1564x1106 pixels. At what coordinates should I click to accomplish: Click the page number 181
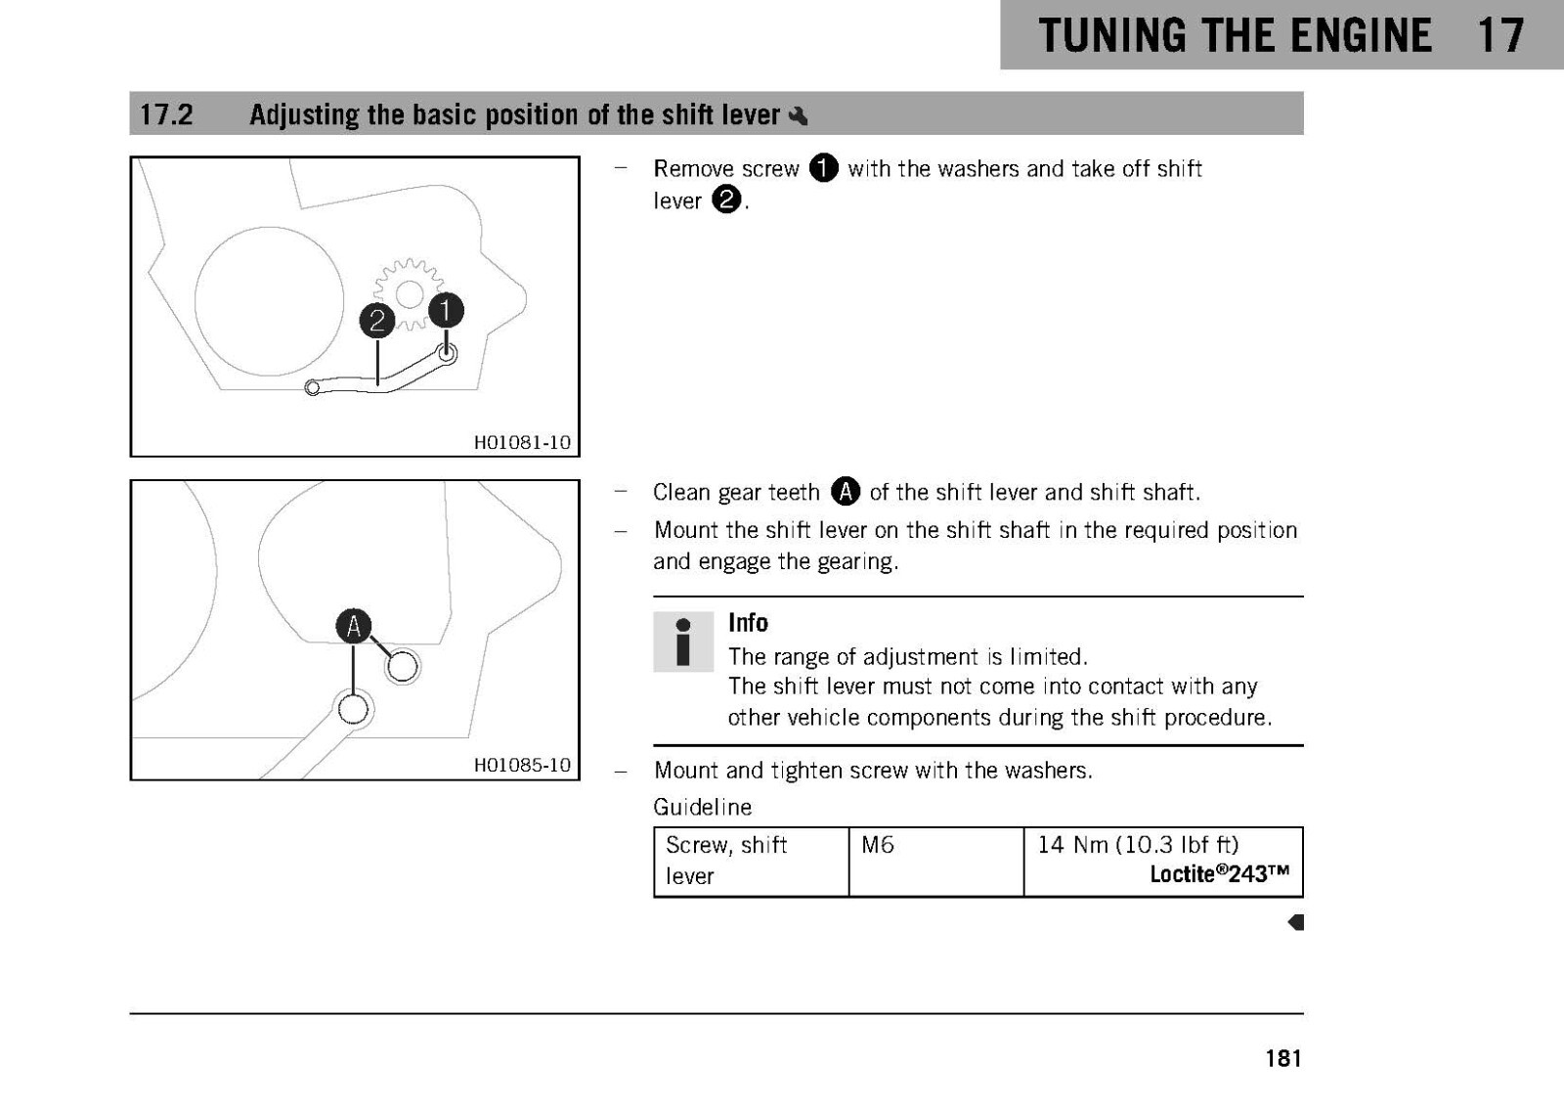pos(1283,1058)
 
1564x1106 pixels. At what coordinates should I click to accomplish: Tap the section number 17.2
pos(166,114)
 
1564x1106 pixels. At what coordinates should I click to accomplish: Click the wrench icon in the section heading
pos(798,115)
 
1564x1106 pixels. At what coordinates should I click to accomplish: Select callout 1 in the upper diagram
pos(446,310)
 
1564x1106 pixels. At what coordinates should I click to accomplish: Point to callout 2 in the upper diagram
pos(377,321)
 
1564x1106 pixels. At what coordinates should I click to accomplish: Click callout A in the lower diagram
pos(353,626)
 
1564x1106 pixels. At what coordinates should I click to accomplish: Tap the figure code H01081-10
pos(522,442)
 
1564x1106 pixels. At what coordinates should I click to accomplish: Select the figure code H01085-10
pos(522,765)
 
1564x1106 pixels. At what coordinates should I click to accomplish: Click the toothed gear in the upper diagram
pos(409,294)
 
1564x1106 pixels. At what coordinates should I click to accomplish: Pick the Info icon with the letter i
pos(683,641)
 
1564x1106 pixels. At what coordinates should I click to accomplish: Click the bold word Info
pos(748,623)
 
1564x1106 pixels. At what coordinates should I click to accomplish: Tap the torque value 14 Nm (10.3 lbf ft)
pos(1138,845)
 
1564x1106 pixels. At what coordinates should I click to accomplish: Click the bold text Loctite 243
pos(1219,874)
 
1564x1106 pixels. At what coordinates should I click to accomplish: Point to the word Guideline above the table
pos(703,807)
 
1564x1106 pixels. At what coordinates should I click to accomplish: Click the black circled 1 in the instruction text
pos(823,167)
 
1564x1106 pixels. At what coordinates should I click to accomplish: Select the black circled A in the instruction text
pos(845,491)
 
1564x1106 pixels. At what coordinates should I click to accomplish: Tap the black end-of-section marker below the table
pos(1296,922)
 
